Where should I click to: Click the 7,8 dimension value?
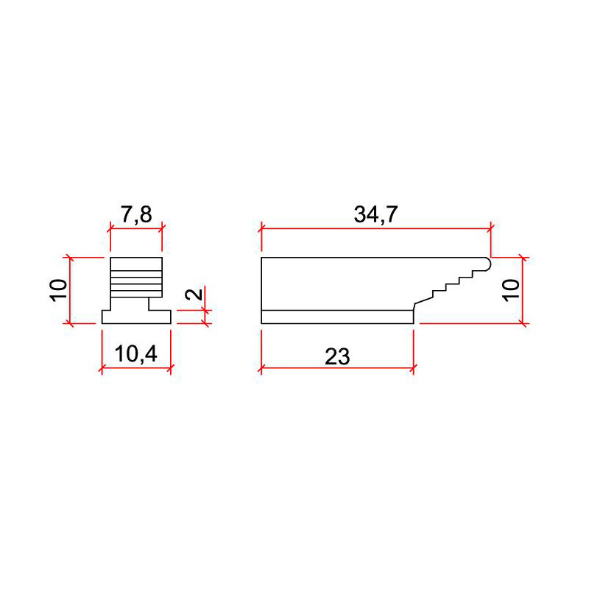pyautogui.click(x=136, y=215)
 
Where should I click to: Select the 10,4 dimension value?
pyautogui.click(x=136, y=355)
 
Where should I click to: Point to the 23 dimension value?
pyautogui.click(x=337, y=356)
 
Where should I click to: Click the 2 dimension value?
pyautogui.click(x=194, y=293)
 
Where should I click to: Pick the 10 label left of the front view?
pyautogui.click(x=59, y=290)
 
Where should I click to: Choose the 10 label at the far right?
pyautogui.click(x=511, y=290)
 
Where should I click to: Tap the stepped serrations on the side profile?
pyautogui.click(x=457, y=283)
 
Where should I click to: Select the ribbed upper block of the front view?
pyautogui.click(x=136, y=278)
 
